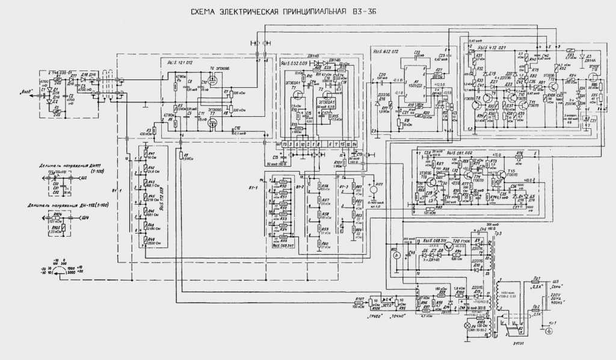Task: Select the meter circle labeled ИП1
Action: tap(374, 190)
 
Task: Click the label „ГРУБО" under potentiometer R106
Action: tap(372, 314)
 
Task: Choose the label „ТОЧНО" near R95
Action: tap(397, 314)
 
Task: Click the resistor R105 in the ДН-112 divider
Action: tap(58, 231)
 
